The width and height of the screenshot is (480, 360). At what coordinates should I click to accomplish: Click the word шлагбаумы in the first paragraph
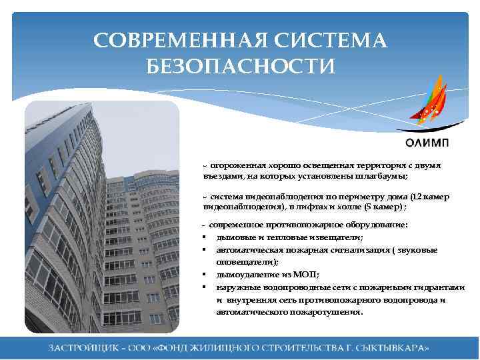point(382,177)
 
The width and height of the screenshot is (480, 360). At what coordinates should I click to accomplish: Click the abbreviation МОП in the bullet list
point(306,275)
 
